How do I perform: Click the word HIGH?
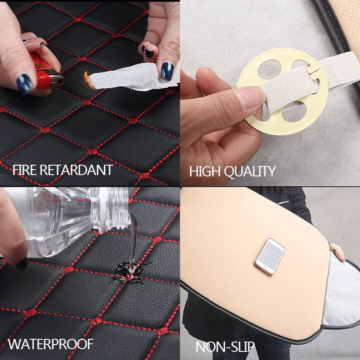[205, 171]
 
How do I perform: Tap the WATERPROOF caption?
[50, 344]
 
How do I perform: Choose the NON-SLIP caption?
[225, 347]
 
